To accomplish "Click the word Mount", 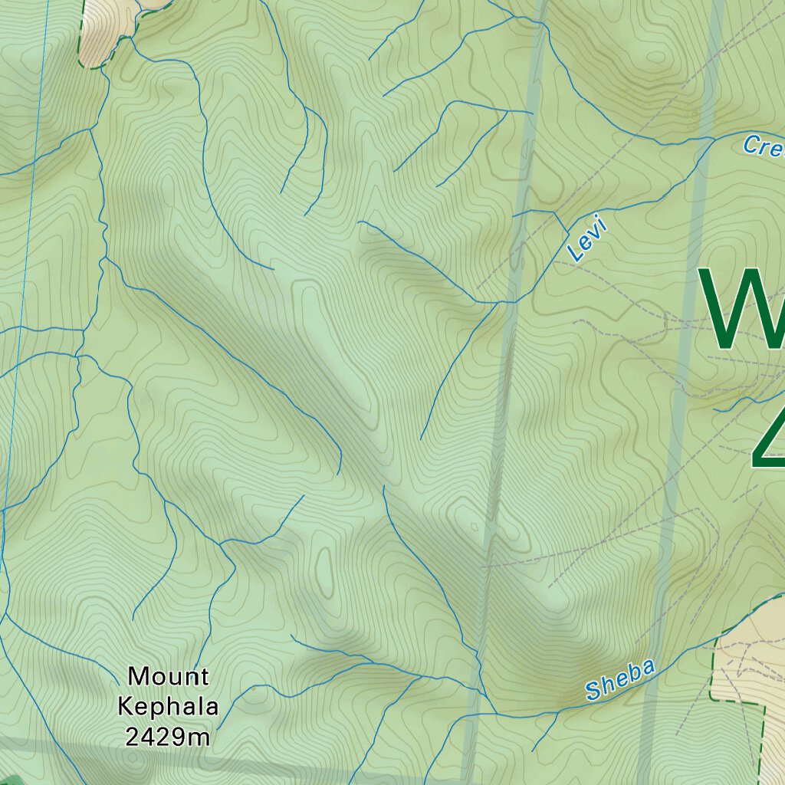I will (168, 677).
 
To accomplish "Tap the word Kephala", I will (168, 707).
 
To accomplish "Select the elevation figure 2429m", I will (168, 737).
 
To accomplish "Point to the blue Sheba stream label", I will (620, 679).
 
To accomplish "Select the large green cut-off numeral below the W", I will (769, 441).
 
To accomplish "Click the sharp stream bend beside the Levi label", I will (567, 232).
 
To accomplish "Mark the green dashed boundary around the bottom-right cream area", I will (713, 667).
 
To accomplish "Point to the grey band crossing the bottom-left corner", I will (46, 745).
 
